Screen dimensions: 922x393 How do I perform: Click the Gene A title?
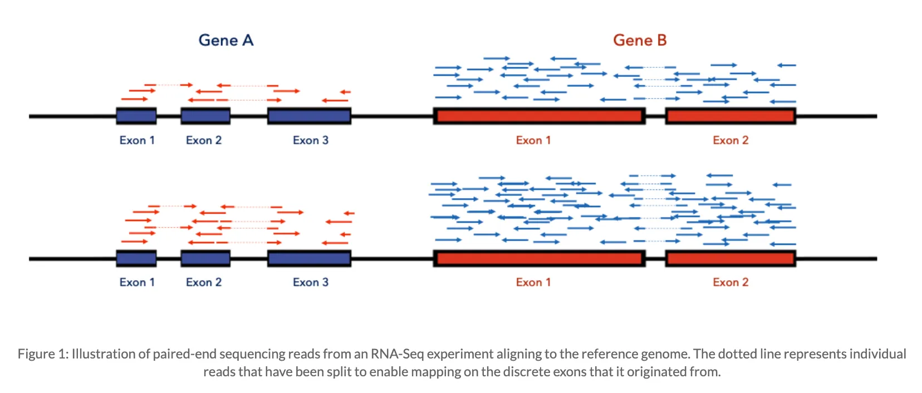226,40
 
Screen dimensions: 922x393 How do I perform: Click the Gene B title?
640,40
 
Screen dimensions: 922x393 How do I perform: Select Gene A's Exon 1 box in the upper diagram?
136,116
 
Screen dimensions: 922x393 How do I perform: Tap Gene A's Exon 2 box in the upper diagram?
205,116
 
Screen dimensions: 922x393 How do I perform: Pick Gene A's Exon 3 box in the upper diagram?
309,116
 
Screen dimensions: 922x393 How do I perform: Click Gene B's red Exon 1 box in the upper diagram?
539,116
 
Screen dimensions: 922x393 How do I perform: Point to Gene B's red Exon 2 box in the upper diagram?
730,116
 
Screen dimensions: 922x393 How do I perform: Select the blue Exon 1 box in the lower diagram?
136,258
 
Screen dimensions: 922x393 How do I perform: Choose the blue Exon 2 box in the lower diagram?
205,258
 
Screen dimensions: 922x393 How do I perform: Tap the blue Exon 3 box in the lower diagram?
309,258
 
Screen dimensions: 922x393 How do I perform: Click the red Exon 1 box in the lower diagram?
539,258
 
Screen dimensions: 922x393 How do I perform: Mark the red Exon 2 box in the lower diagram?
730,258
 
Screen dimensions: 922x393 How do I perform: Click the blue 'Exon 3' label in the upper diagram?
311,140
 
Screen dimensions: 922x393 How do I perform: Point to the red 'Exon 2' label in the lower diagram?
730,282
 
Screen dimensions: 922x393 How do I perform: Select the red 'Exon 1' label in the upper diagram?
533,140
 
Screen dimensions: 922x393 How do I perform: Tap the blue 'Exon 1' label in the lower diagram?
137,282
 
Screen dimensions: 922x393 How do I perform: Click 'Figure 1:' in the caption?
43,354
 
